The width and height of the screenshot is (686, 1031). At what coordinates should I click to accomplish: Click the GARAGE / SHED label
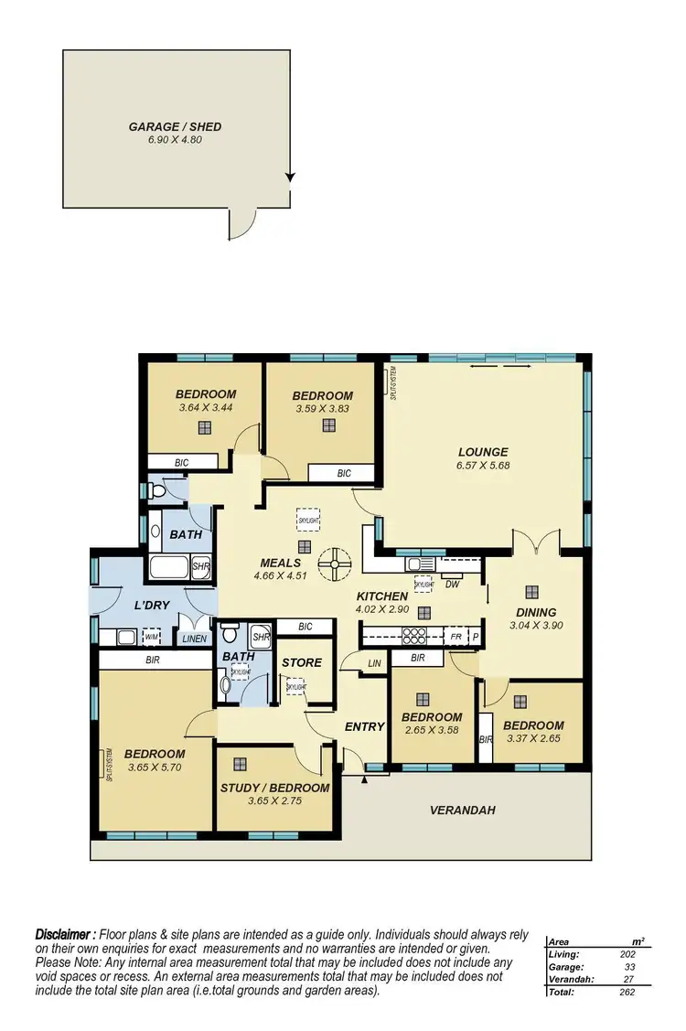click(175, 127)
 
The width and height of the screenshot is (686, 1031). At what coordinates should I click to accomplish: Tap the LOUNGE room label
click(482, 452)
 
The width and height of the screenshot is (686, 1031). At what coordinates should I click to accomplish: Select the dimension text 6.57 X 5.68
click(482, 466)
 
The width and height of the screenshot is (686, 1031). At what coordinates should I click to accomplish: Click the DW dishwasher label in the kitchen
click(452, 585)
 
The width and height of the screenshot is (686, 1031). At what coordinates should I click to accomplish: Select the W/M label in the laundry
click(152, 637)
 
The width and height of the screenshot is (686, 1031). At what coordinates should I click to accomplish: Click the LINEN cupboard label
click(194, 639)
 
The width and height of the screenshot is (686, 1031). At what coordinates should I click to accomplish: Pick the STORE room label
click(301, 662)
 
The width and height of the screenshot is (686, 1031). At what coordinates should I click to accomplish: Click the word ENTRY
click(364, 726)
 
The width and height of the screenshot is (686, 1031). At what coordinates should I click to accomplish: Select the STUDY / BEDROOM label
click(274, 788)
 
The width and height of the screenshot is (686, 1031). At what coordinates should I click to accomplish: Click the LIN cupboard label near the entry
click(373, 663)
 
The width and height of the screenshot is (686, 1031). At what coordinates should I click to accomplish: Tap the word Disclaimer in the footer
click(64, 934)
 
